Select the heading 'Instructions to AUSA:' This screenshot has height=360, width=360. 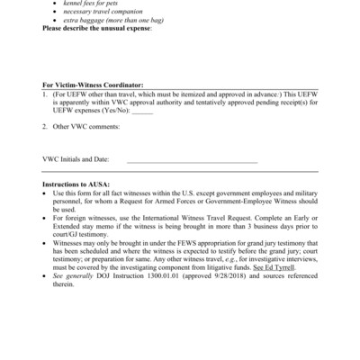(77, 183)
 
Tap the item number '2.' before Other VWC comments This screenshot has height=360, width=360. (45, 126)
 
